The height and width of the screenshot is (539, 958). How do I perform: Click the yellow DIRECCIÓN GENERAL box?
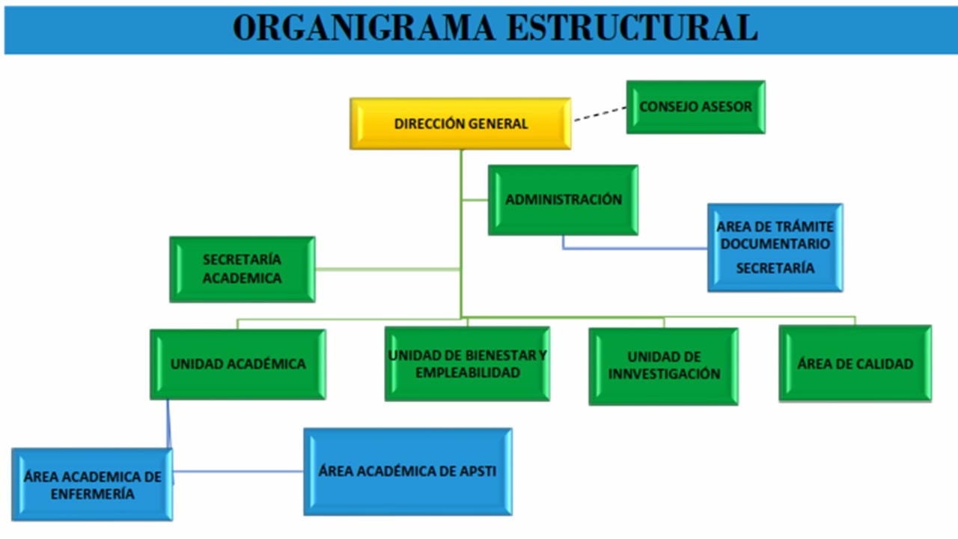pyautogui.click(x=460, y=124)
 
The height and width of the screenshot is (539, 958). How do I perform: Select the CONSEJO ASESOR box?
pyautogui.click(x=695, y=107)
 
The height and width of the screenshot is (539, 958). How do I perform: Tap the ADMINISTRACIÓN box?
pyautogui.click(x=563, y=200)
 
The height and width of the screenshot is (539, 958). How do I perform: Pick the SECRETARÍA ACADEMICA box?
pyautogui.click(x=242, y=269)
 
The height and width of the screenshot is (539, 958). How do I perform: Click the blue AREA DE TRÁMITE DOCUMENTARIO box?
pyautogui.click(x=775, y=247)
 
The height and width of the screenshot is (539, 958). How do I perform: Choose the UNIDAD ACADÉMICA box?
pyautogui.click(x=237, y=365)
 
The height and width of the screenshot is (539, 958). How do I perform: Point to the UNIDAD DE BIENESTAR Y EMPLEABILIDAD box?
pyautogui.click(x=467, y=364)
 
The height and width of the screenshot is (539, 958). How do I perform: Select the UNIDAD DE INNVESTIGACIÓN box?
pyautogui.click(x=663, y=366)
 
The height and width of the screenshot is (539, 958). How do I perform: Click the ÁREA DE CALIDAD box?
pyautogui.click(x=855, y=364)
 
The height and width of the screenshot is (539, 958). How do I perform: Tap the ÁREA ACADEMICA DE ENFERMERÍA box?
pyautogui.click(x=92, y=484)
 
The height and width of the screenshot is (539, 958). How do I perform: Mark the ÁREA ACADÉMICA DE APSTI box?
pyautogui.click(x=407, y=472)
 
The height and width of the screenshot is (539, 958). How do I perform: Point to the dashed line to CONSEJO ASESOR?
pyautogui.click(x=599, y=114)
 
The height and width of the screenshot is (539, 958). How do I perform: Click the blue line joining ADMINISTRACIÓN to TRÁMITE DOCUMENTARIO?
pyautogui.click(x=636, y=248)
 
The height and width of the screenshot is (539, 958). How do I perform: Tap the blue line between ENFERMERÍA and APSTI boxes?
pyautogui.click(x=238, y=472)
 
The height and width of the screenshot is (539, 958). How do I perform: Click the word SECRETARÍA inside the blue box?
pyautogui.click(x=775, y=268)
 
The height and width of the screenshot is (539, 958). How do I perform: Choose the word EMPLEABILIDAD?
pyautogui.click(x=467, y=372)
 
